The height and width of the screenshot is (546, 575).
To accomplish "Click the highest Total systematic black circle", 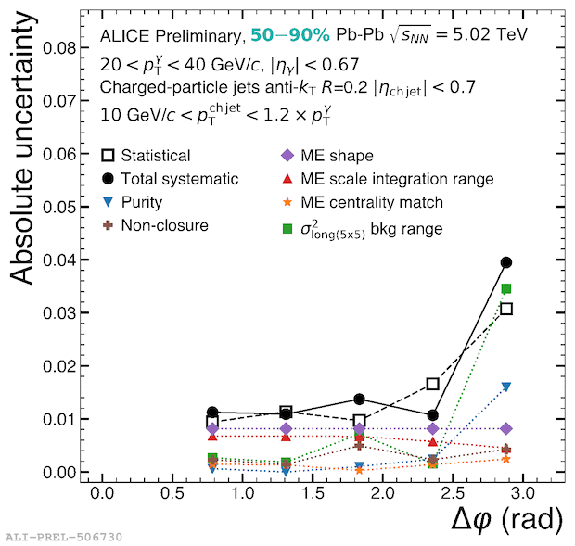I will point(506,263).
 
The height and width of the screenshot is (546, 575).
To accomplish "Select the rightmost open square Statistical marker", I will point(506,309).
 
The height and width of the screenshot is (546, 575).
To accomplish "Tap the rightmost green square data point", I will point(506,288).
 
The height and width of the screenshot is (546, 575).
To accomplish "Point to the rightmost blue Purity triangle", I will point(506,387).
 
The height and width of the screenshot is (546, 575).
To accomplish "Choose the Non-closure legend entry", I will point(164,225).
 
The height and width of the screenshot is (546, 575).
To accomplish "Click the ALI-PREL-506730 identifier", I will point(63,537).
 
